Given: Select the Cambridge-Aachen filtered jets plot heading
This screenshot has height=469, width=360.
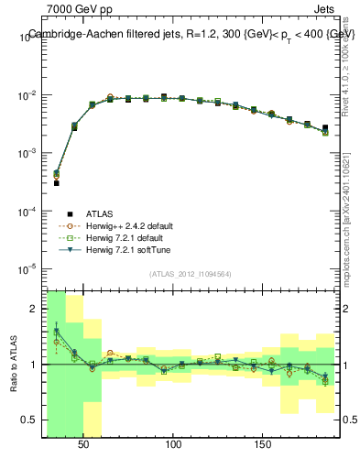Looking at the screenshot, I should pyautogui.click(x=191, y=34).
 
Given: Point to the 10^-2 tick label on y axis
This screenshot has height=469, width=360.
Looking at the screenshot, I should pyautogui.click(x=27, y=95).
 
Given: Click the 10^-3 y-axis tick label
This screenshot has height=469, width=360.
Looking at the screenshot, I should pyautogui.click(x=27, y=153).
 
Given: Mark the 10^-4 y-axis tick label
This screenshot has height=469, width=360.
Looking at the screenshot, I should pyautogui.click(x=27, y=211).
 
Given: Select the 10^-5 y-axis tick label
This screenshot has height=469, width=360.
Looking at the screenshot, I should pyautogui.click(x=27, y=268).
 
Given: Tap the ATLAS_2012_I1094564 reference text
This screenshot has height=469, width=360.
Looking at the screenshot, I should pyautogui.click(x=191, y=274).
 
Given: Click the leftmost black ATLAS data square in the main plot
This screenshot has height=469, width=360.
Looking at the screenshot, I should pyautogui.click(x=56, y=183).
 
